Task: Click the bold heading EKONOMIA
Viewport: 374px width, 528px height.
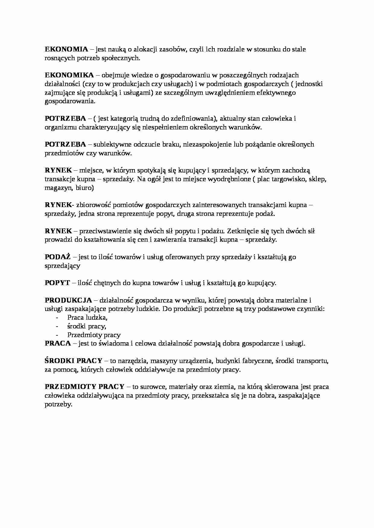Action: click(66, 49)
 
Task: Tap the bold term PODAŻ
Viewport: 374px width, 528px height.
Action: click(58, 257)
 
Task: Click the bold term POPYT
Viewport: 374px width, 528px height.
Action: click(57, 283)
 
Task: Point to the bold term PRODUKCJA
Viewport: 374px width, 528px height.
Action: click(68, 300)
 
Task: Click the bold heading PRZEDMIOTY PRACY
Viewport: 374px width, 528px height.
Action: click(84, 387)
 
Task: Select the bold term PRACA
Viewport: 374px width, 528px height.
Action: click(58, 343)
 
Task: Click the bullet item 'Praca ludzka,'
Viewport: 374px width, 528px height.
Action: click(87, 317)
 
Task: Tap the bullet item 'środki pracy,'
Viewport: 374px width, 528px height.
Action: click(87, 326)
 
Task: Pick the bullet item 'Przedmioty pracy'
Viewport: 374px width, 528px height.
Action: click(94, 335)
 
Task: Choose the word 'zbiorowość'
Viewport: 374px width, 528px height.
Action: click(94, 205)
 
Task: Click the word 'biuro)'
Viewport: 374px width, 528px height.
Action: click(84, 188)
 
